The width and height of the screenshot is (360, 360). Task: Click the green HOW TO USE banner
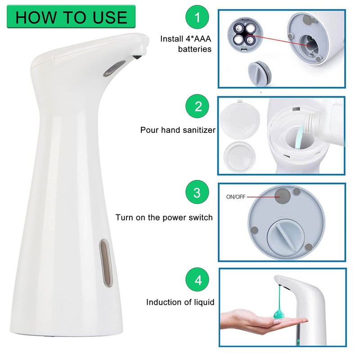coord(71,17)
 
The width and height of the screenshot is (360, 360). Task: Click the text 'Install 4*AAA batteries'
coord(186,44)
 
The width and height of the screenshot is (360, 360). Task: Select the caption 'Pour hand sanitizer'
coord(178,130)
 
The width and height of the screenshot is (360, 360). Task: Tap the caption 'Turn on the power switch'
coord(164,217)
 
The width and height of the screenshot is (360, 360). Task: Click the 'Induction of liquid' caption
coord(180,302)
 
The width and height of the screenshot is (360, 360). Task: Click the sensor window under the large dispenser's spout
coord(110,69)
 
